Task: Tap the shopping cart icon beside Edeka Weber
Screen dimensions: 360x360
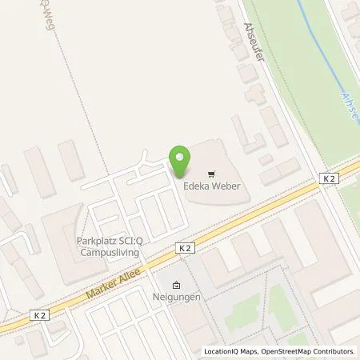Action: coord(211,172)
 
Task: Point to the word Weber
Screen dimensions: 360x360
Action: coord(227,186)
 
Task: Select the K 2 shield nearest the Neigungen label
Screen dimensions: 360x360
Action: coord(186,249)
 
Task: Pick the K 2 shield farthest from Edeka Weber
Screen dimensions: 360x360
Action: coord(38,315)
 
